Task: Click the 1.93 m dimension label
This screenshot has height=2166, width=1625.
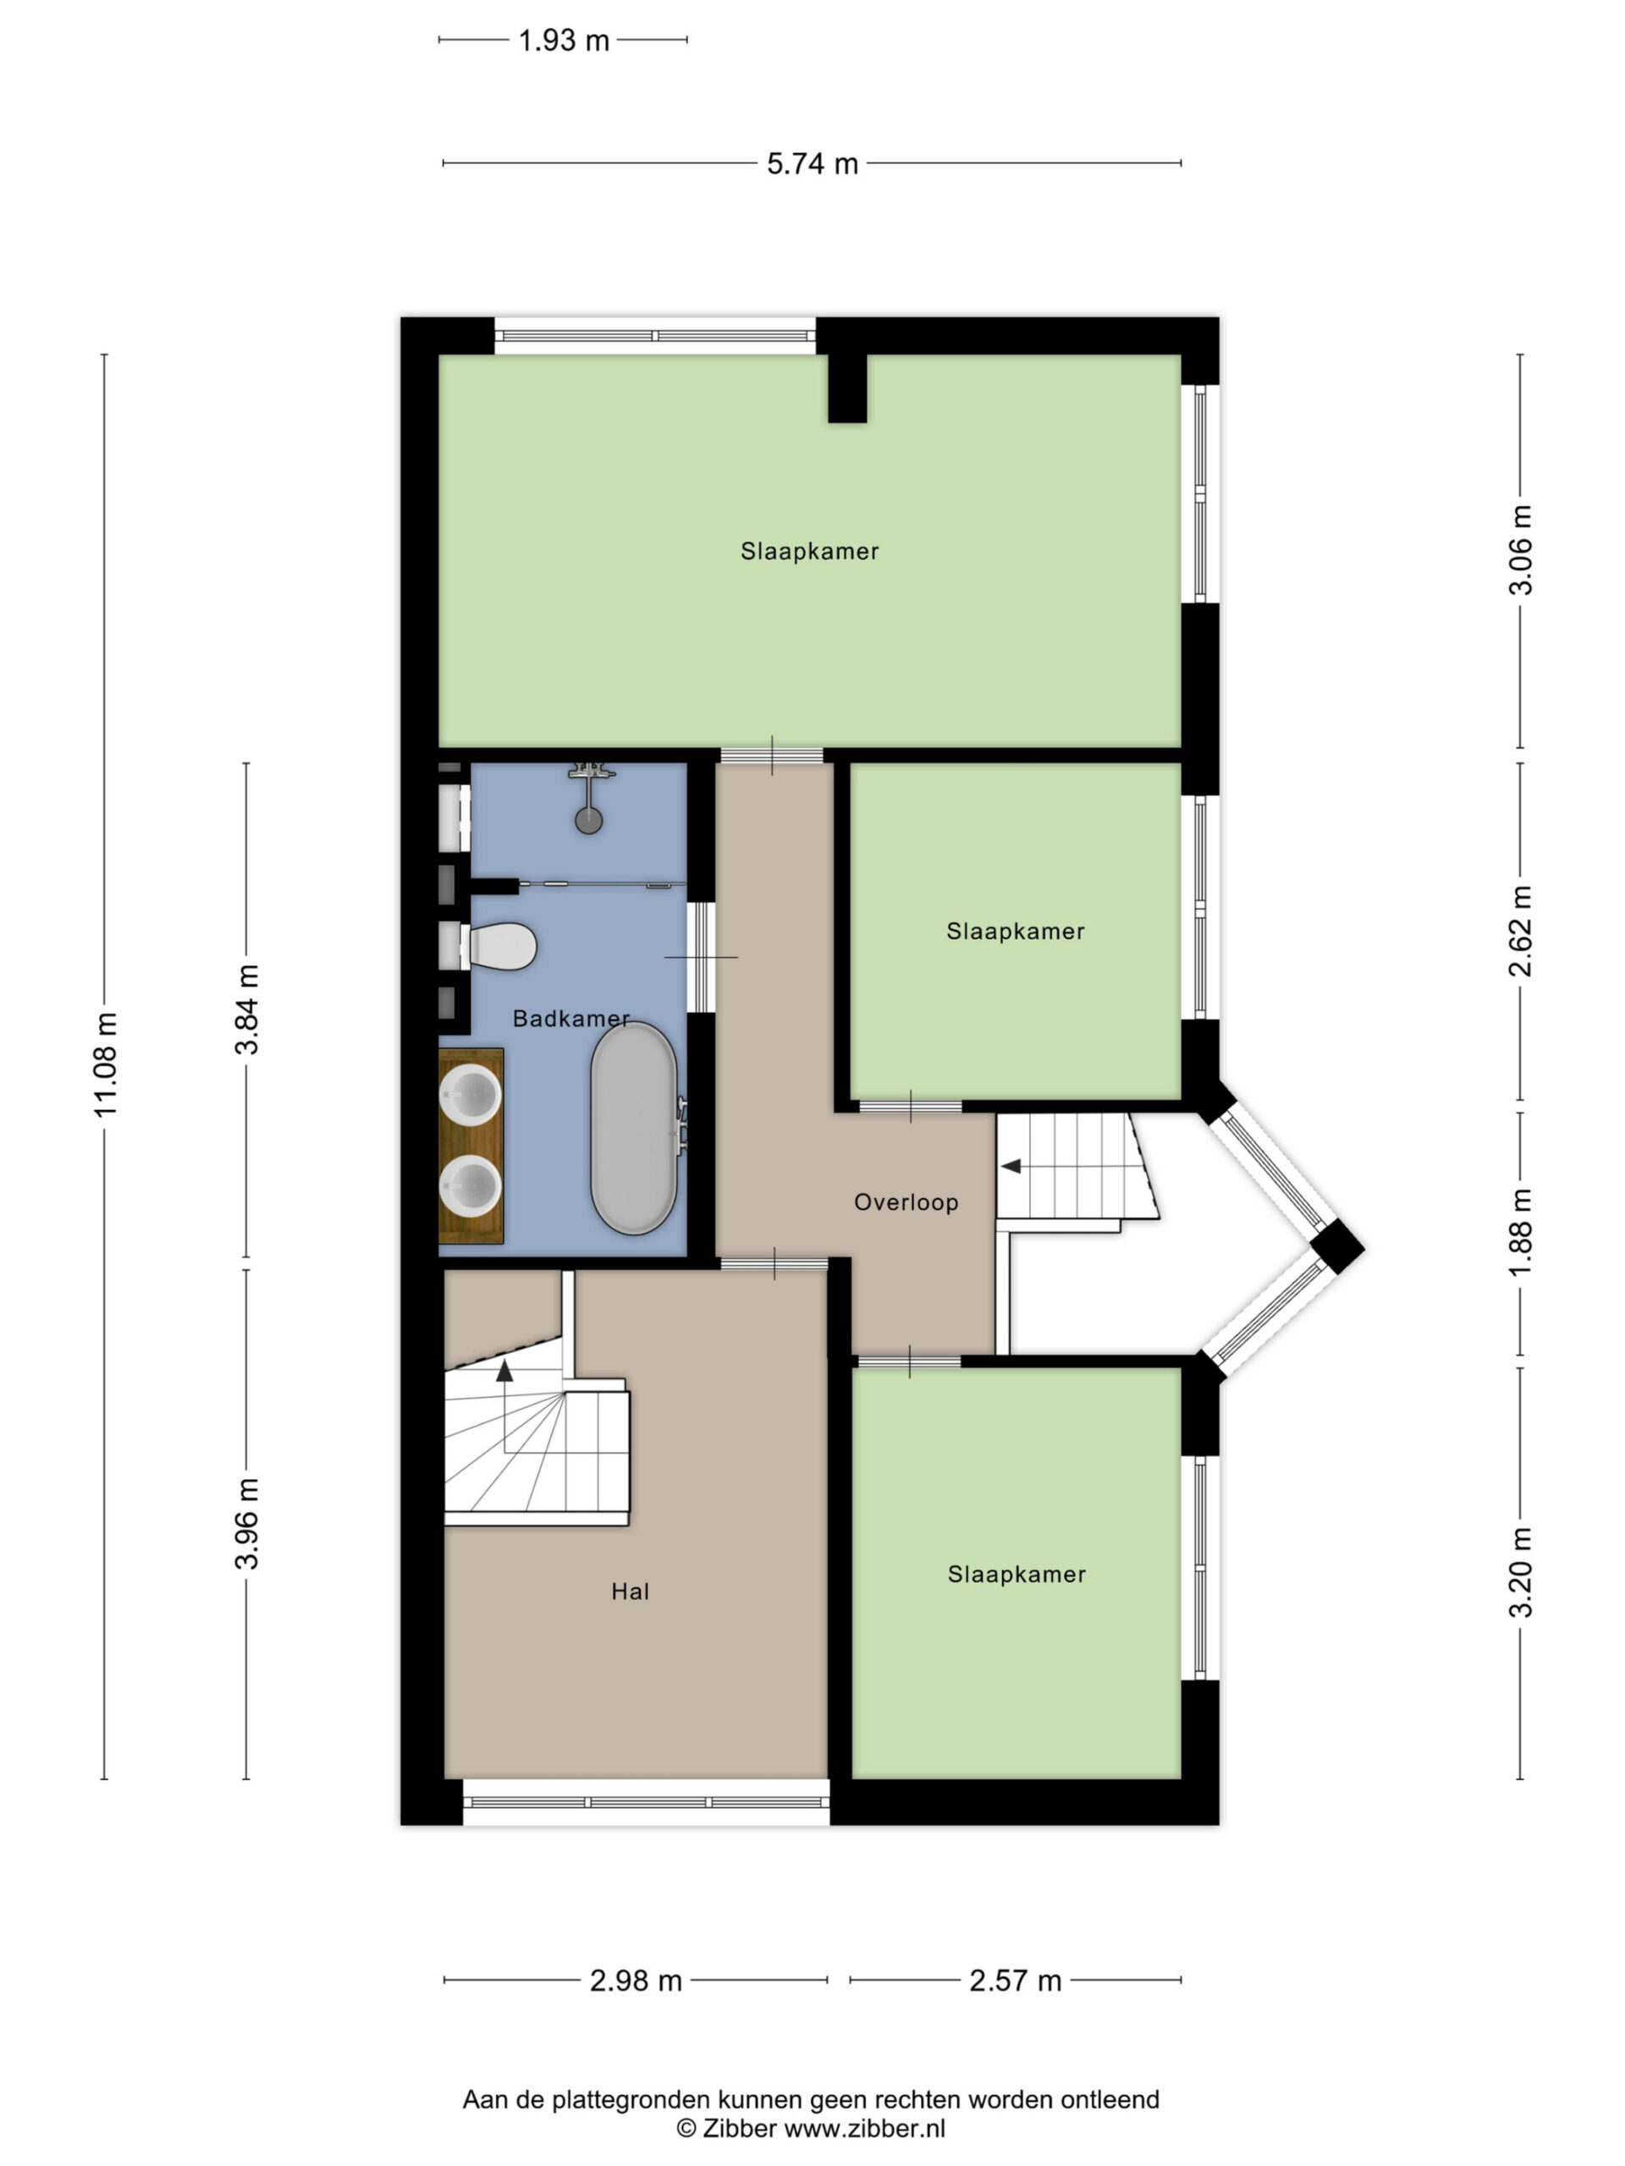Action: pyautogui.click(x=563, y=40)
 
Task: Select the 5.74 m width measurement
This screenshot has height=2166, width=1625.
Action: pyautogui.click(x=812, y=163)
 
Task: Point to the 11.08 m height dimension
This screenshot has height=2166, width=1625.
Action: pyautogui.click(x=105, y=1064)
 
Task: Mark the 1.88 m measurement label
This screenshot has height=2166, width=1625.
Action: pyautogui.click(x=1520, y=1233)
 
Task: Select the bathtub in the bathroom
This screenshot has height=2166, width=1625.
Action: pyautogui.click(x=634, y=1128)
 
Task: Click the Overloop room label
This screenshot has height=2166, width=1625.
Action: pyautogui.click(x=906, y=1202)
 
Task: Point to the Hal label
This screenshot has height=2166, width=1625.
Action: pyautogui.click(x=630, y=1592)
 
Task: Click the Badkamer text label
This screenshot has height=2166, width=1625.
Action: pyautogui.click(x=571, y=1019)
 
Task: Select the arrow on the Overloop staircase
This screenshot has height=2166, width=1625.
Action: pyautogui.click(x=1010, y=1166)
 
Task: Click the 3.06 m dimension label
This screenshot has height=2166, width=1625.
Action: pyautogui.click(x=1520, y=550)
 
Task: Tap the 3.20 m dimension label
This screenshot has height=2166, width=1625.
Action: pyautogui.click(x=1520, y=1573)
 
